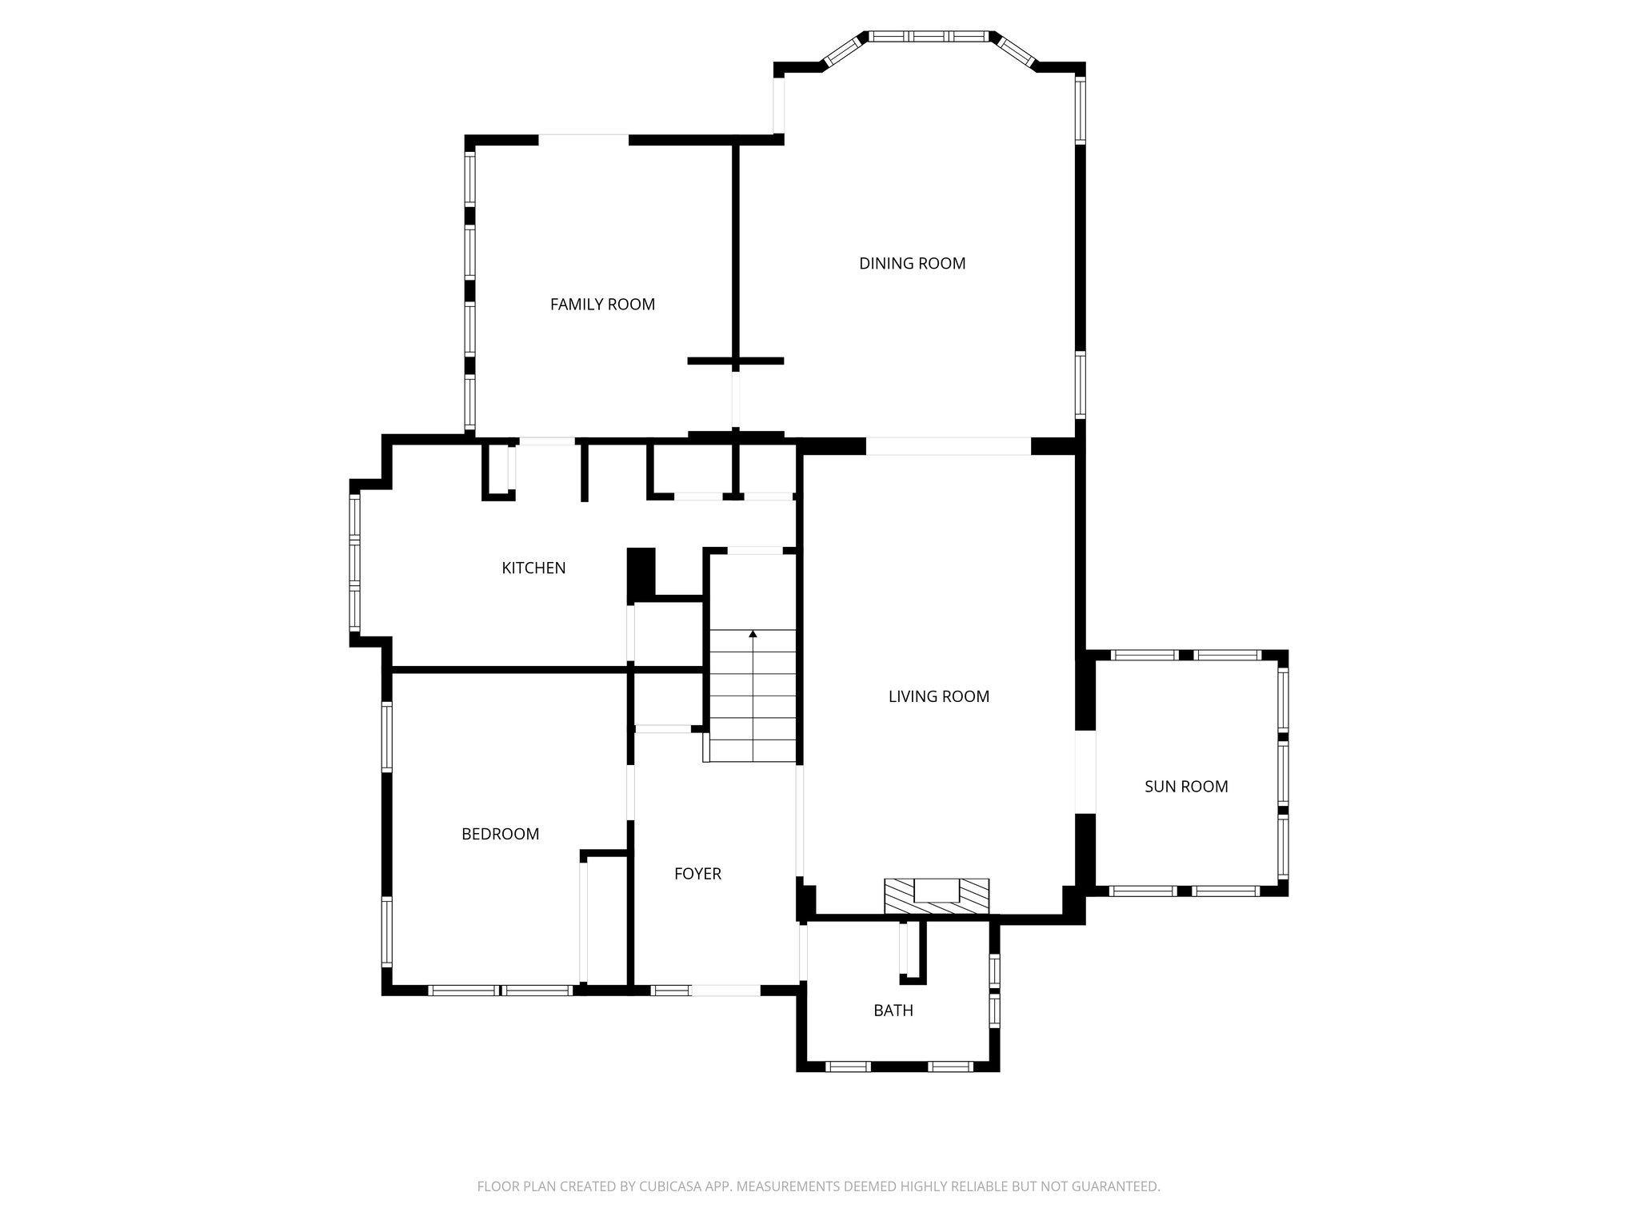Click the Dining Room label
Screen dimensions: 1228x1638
point(912,263)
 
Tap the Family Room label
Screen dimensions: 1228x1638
point(602,304)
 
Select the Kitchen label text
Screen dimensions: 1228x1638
point(533,568)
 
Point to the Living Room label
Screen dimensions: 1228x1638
point(938,696)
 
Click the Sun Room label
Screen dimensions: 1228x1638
point(1185,786)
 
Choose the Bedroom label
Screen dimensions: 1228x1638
point(500,834)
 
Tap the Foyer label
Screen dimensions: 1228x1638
point(697,874)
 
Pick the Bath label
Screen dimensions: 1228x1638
point(893,1010)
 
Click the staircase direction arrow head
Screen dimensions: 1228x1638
point(753,635)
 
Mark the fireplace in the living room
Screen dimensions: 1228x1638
point(936,895)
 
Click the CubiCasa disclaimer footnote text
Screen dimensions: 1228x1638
point(818,1186)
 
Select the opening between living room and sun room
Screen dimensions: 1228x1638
point(1085,771)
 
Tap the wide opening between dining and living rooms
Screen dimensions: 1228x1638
point(949,446)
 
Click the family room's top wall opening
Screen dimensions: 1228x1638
point(583,140)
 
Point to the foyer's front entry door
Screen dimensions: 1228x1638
point(725,990)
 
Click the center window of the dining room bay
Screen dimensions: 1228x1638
point(929,36)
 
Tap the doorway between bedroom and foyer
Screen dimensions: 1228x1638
point(630,792)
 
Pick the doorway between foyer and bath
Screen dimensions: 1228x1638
point(803,951)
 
